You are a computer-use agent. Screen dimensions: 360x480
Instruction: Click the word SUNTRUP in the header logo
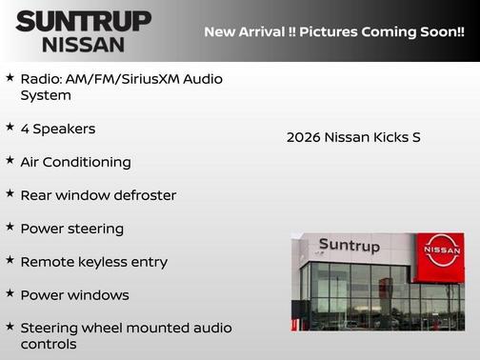[x=83, y=21]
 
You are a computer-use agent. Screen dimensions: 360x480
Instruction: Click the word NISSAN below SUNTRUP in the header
[x=83, y=44]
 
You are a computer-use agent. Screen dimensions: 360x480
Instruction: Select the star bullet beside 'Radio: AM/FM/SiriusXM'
[x=10, y=74]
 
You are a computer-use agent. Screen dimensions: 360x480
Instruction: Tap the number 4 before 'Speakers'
[x=25, y=129]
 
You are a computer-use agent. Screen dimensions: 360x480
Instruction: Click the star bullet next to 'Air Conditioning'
[x=10, y=159]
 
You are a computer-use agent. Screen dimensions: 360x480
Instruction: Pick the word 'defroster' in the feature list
[x=144, y=195]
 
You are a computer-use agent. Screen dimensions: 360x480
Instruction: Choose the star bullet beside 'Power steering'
[x=10, y=226]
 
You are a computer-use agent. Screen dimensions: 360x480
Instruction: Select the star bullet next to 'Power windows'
[x=10, y=292]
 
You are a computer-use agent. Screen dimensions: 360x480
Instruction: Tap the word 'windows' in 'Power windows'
[x=96, y=295]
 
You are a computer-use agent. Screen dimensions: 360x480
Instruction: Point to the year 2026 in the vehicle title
[x=304, y=137]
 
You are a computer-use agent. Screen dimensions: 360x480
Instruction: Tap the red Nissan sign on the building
[x=440, y=256]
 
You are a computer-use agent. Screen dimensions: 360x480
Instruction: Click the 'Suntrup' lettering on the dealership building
[x=350, y=246]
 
